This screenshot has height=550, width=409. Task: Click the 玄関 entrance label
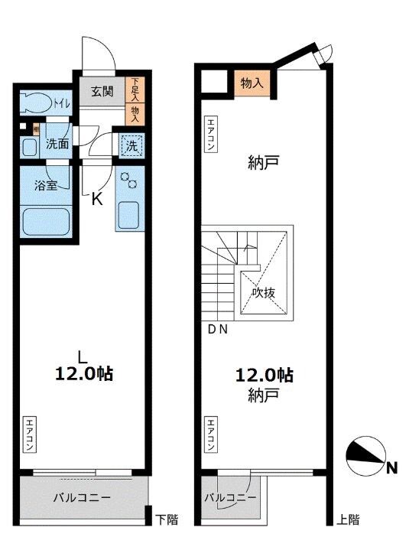tap(102, 92)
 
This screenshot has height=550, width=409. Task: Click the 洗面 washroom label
tap(56, 143)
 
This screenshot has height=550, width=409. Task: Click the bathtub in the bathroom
tap(45, 222)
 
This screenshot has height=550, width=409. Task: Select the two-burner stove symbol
tap(128, 181)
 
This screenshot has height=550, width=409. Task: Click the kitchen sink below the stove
tap(128, 214)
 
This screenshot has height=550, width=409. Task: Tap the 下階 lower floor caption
tap(167, 520)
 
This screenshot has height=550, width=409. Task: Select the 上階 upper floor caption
tap(348, 520)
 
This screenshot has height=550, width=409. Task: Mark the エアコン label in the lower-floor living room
tap(29, 435)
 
